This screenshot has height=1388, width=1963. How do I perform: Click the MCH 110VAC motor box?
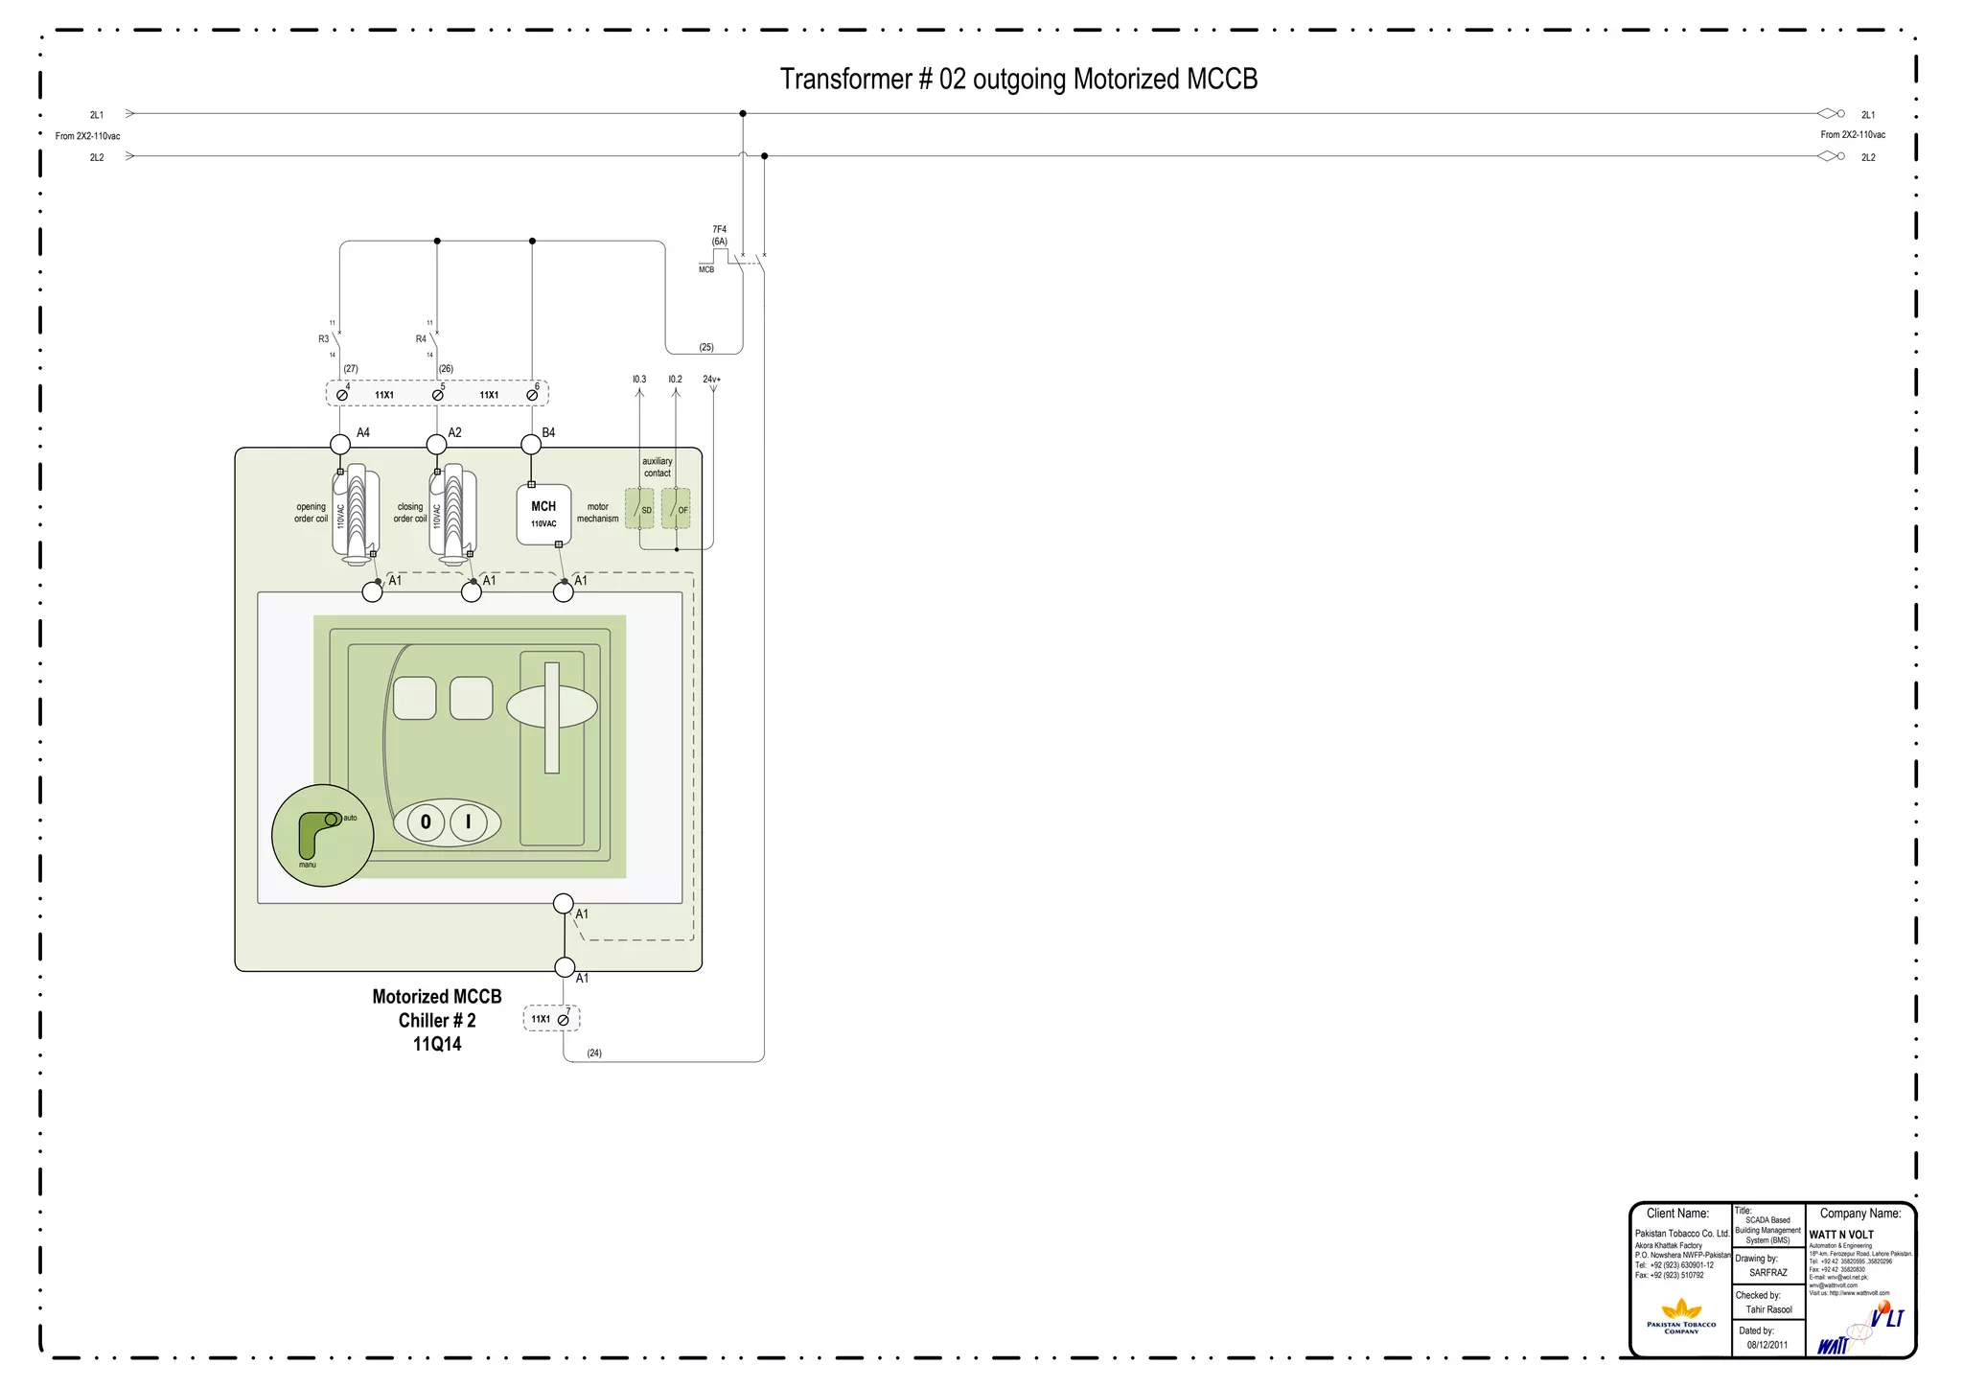(x=543, y=515)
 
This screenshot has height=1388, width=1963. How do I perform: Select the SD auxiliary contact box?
(x=639, y=509)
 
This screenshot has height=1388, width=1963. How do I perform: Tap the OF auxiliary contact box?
(x=676, y=509)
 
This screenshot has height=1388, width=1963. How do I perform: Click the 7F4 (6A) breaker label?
(x=719, y=236)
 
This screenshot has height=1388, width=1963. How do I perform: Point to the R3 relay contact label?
(x=324, y=339)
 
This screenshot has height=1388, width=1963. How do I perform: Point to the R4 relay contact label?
(x=421, y=339)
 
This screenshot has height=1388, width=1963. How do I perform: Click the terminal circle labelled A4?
(x=340, y=444)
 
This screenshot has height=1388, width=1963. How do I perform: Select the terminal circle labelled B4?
(x=531, y=444)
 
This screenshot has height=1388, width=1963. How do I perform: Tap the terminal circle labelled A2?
(x=436, y=444)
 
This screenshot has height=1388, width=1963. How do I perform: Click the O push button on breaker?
(x=426, y=821)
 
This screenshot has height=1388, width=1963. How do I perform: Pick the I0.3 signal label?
(x=639, y=380)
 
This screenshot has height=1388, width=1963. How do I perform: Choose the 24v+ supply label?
(x=711, y=380)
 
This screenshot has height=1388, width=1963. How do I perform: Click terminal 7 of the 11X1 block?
(x=564, y=1020)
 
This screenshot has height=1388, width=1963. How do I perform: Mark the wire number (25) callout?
(x=706, y=347)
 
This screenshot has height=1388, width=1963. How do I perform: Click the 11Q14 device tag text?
(x=437, y=1044)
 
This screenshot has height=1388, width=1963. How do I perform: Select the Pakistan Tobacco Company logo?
(x=1681, y=1315)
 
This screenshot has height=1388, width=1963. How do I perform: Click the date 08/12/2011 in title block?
(x=1767, y=1345)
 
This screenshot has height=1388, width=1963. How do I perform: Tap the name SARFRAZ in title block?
(x=1767, y=1273)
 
